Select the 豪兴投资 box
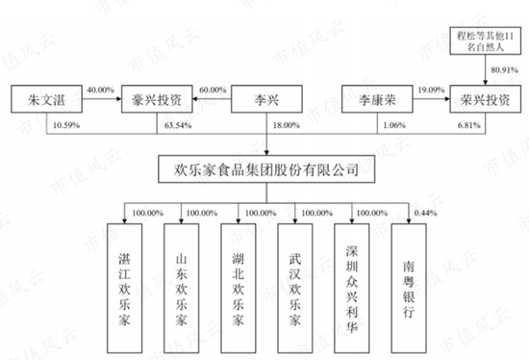(x=155, y=99)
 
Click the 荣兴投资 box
(x=483, y=99)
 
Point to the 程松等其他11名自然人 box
(x=483, y=39)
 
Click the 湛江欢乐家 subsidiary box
(x=126, y=279)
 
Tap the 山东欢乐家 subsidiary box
(x=183, y=279)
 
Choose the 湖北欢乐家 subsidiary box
(x=239, y=279)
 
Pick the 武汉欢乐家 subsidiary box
(x=296, y=279)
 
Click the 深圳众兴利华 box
(x=354, y=279)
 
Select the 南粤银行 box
(x=411, y=279)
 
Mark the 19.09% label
(x=431, y=90)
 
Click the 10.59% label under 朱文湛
(x=65, y=125)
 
